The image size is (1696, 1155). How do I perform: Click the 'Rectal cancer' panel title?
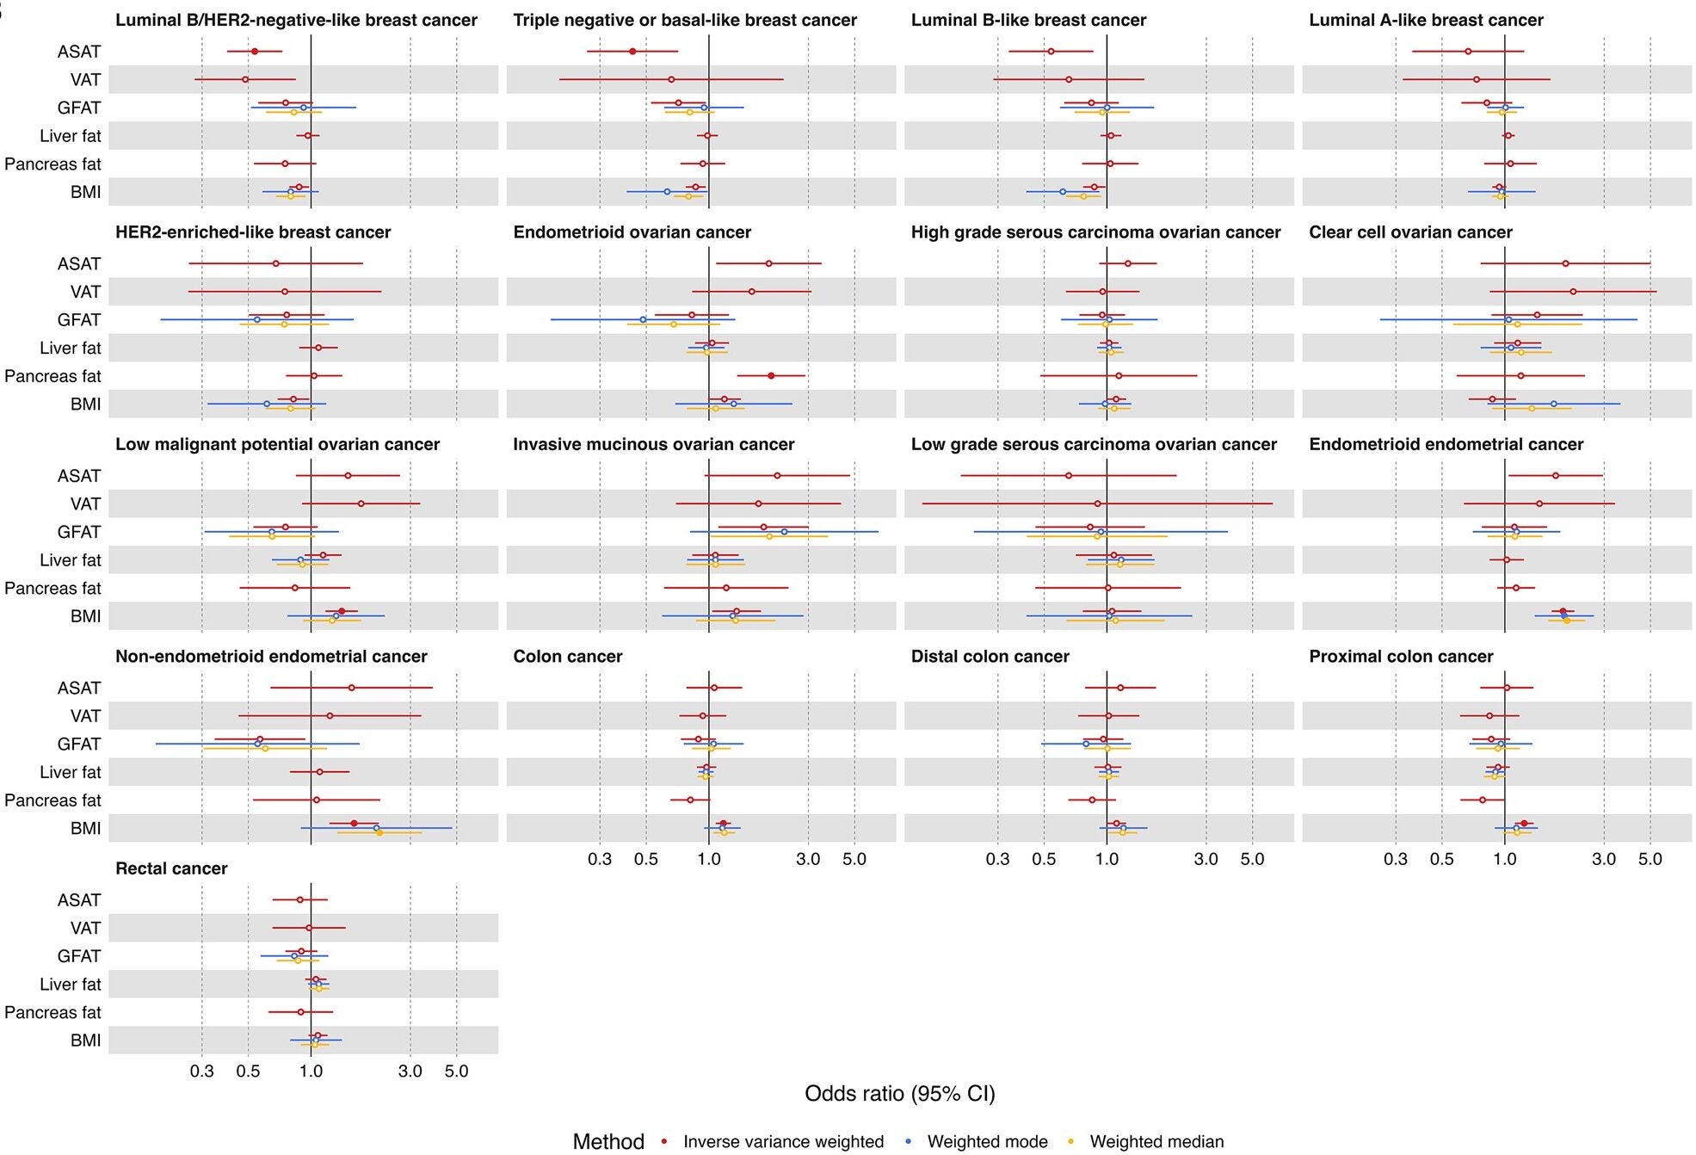click(x=171, y=868)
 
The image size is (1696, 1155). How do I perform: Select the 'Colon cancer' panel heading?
click(x=567, y=657)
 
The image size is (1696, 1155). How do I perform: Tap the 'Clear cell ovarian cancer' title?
click(x=1410, y=232)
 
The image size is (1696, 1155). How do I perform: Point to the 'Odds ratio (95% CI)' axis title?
click(x=899, y=1094)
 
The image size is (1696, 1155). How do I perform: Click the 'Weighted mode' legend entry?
click(x=987, y=1142)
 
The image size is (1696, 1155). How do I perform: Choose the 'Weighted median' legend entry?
click(x=1156, y=1142)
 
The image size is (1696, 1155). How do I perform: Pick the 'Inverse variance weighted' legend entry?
click(x=783, y=1142)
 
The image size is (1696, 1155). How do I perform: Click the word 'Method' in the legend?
click(x=608, y=1142)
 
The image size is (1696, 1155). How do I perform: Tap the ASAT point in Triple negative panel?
click(x=632, y=52)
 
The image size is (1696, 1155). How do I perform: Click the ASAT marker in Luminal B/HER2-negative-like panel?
click(x=255, y=52)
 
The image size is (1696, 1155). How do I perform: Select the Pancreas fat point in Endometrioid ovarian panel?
click(x=771, y=376)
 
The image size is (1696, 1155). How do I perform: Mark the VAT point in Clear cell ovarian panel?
click(x=1573, y=292)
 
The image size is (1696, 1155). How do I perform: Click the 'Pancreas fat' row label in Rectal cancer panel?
click(x=52, y=1012)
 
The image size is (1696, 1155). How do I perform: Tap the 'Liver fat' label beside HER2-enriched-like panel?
click(x=70, y=348)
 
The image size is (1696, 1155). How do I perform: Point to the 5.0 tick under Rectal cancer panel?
click(x=456, y=1072)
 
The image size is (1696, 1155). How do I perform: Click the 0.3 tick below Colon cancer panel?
click(x=600, y=859)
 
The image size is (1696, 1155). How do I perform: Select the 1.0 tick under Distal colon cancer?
click(x=1107, y=859)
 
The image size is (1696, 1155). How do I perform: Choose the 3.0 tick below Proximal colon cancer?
click(x=1604, y=859)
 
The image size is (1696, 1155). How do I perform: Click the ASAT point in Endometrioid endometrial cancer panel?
click(x=1556, y=476)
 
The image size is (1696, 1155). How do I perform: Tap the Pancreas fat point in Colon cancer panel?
click(x=690, y=800)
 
